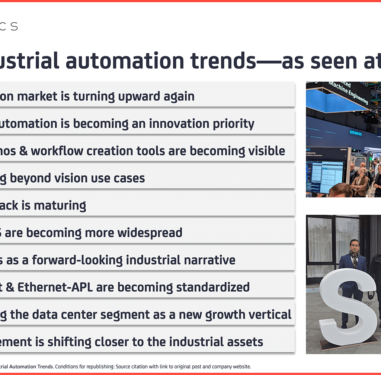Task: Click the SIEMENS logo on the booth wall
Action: (x=355, y=133)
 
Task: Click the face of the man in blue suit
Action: (x=355, y=246)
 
